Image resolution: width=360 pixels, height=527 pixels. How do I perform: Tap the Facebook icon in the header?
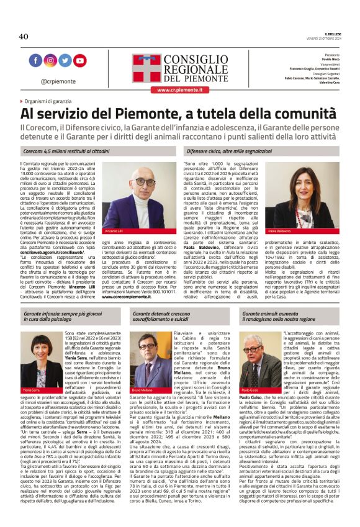35,61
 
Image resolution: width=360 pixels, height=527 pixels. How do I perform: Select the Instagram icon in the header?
50,61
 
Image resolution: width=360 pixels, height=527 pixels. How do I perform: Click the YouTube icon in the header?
80,61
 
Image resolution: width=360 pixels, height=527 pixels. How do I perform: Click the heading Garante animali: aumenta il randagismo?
279,318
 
